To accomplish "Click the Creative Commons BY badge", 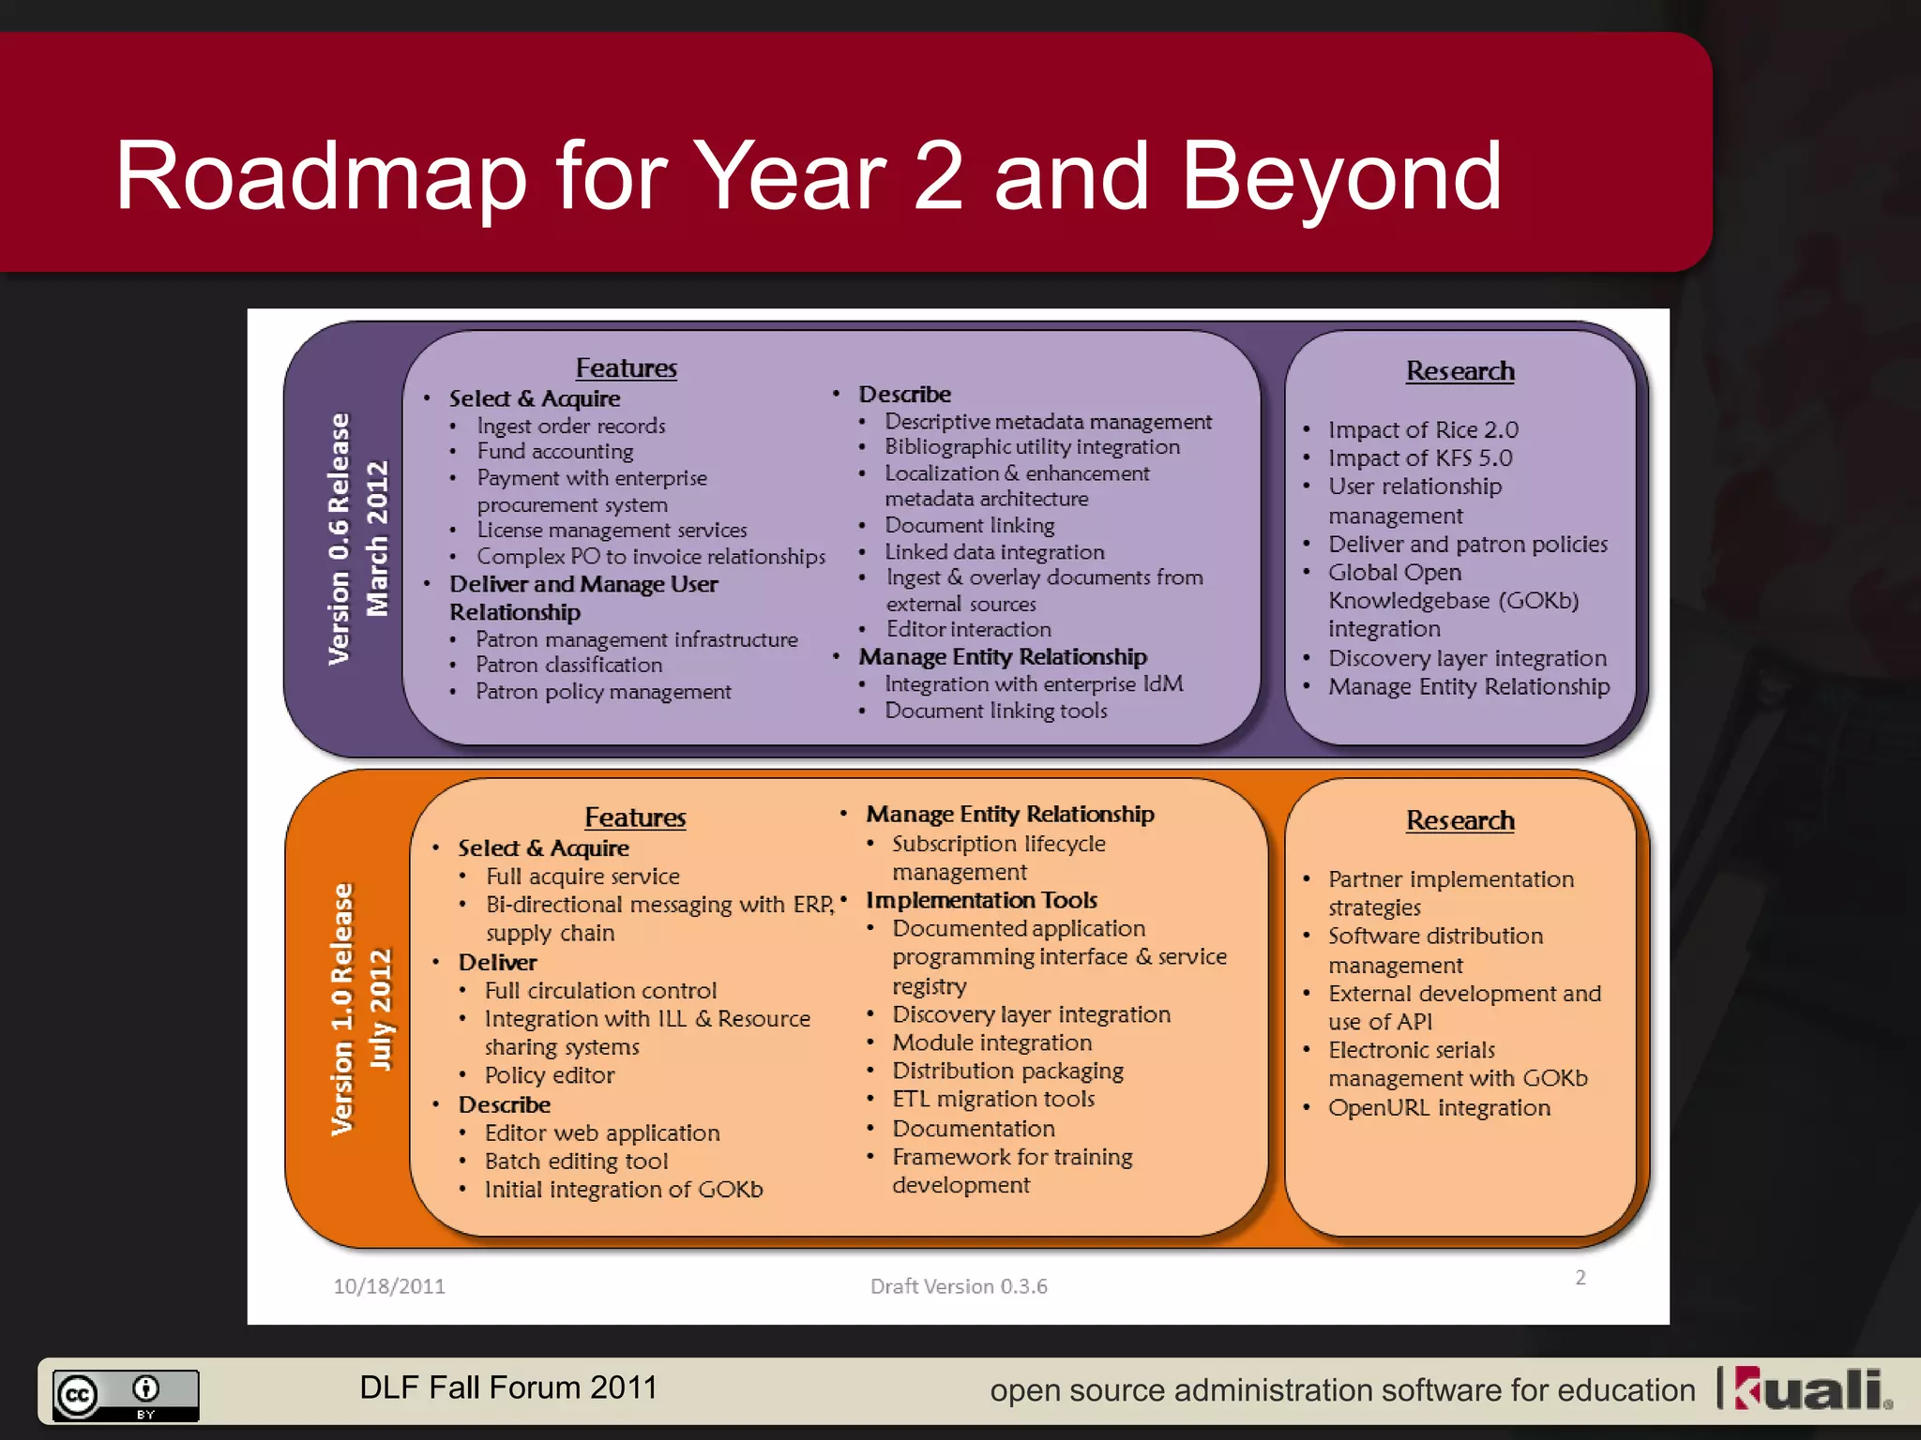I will pos(126,1395).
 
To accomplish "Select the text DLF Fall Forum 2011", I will pos(508,1387).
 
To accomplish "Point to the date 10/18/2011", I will pos(389,1286).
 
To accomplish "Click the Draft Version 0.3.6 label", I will pos(959,1286).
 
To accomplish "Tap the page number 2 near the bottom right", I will pos(1581,1278).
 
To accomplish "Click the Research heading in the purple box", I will pos(1460,371).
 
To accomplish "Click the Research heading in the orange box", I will pos(1460,820).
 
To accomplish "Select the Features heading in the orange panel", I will pos(635,817).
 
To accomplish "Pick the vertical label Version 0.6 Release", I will pos(339,539).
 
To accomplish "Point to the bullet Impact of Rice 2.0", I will pos(1422,430).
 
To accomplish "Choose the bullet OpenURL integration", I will pos(1439,1108).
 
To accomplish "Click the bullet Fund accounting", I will pos(555,452).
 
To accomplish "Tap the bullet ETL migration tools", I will pos(993,1099).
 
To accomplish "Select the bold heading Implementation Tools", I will pos(981,900).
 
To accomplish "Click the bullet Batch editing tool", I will pos(576,1162).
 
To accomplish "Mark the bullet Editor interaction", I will pos(968,629).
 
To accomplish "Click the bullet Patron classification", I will pos(568,665).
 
